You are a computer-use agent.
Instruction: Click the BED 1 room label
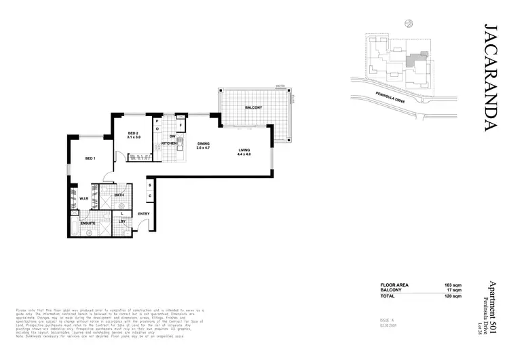(x=90, y=158)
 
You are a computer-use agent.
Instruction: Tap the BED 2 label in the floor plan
(x=133, y=134)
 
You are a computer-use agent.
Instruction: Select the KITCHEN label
(x=169, y=144)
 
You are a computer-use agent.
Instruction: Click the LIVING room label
(x=244, y=151)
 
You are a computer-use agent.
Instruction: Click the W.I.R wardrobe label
(x=84, y=198)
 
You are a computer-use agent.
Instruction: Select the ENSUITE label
(x=88, y=222)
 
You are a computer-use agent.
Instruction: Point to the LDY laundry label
(x=122, y=221)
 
